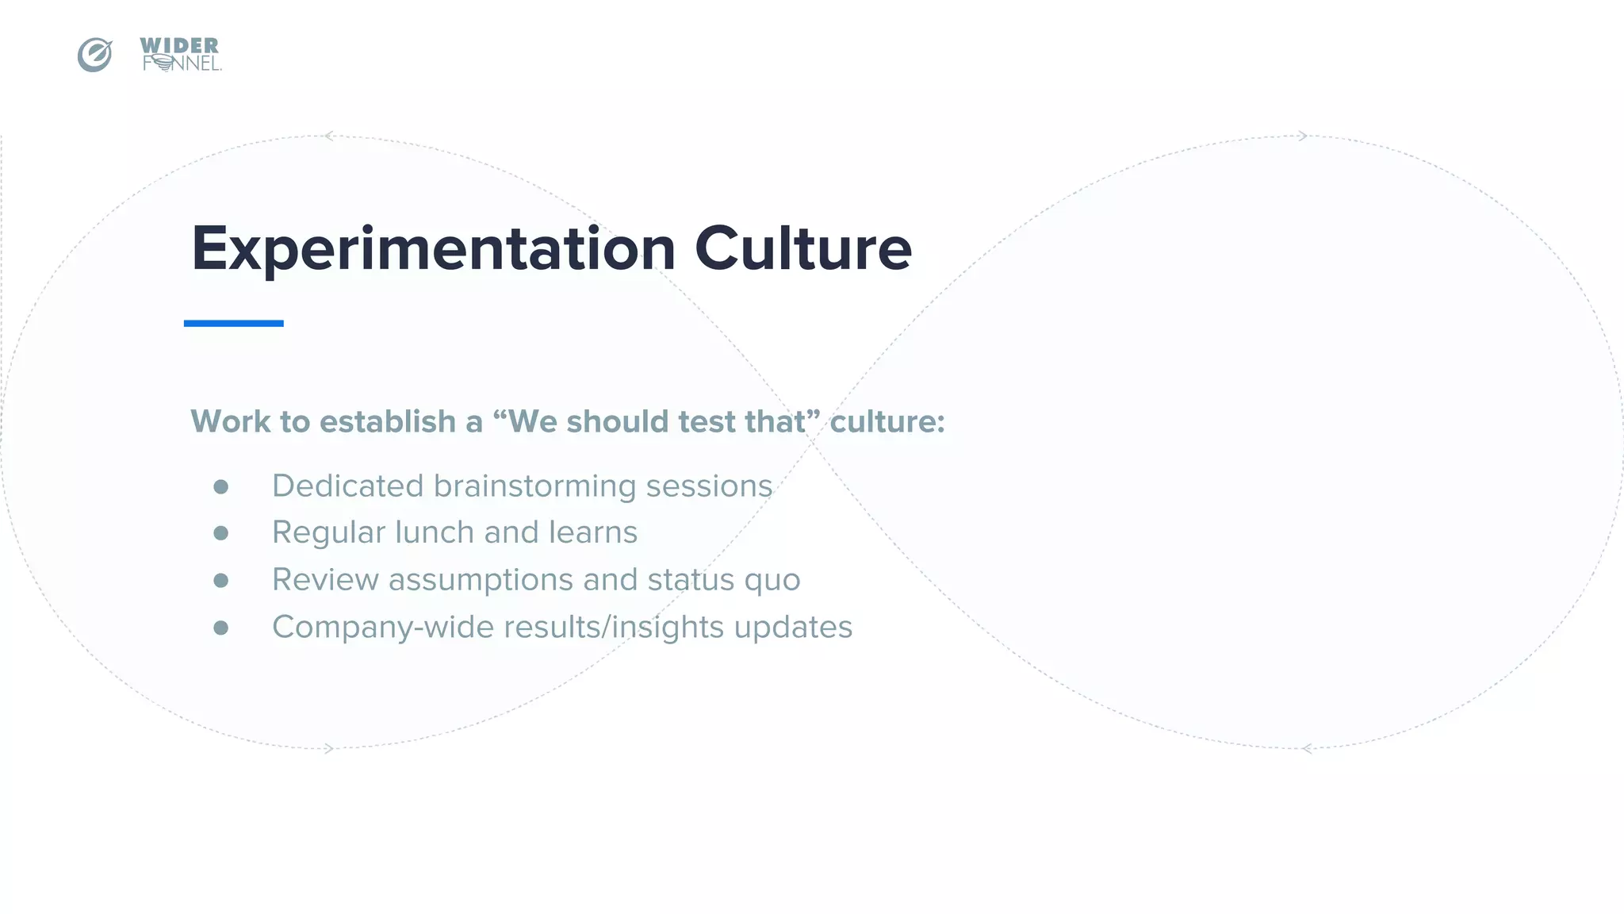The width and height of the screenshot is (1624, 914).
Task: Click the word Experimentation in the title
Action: tap(433, 249)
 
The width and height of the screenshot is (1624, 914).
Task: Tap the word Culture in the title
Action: tap(802, 249)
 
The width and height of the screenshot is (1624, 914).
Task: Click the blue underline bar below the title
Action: tap(234, 323)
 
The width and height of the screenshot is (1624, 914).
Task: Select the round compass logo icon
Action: tap(95, 55)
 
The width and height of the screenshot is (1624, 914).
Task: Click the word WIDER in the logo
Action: tap(179, 46)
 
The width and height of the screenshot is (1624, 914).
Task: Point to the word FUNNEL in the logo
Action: tap(182, 63)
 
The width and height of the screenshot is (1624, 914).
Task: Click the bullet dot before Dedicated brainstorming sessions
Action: tap(221, 486)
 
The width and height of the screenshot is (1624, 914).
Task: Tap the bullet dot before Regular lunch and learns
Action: tap(221, 533)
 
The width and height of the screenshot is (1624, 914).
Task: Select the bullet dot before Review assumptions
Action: tap(221, 580)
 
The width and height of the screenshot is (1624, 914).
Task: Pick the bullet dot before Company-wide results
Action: tap(221, 628)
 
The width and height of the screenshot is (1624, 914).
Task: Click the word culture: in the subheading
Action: tap(887, 421)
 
